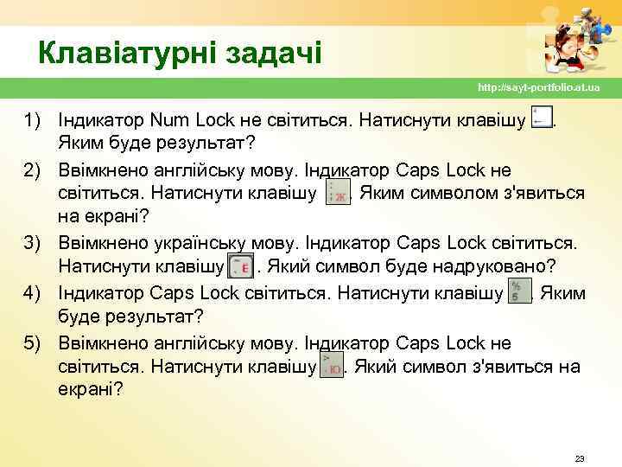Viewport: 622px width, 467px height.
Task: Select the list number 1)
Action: coord(35,118)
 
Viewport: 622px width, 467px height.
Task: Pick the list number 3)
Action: coord(35,240)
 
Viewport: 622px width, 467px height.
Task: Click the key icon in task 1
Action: coord(543,118)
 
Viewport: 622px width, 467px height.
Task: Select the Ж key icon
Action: coord(336,194)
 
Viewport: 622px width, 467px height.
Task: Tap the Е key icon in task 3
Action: coord(241,266)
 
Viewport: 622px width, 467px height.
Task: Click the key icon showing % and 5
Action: coord(519,291)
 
